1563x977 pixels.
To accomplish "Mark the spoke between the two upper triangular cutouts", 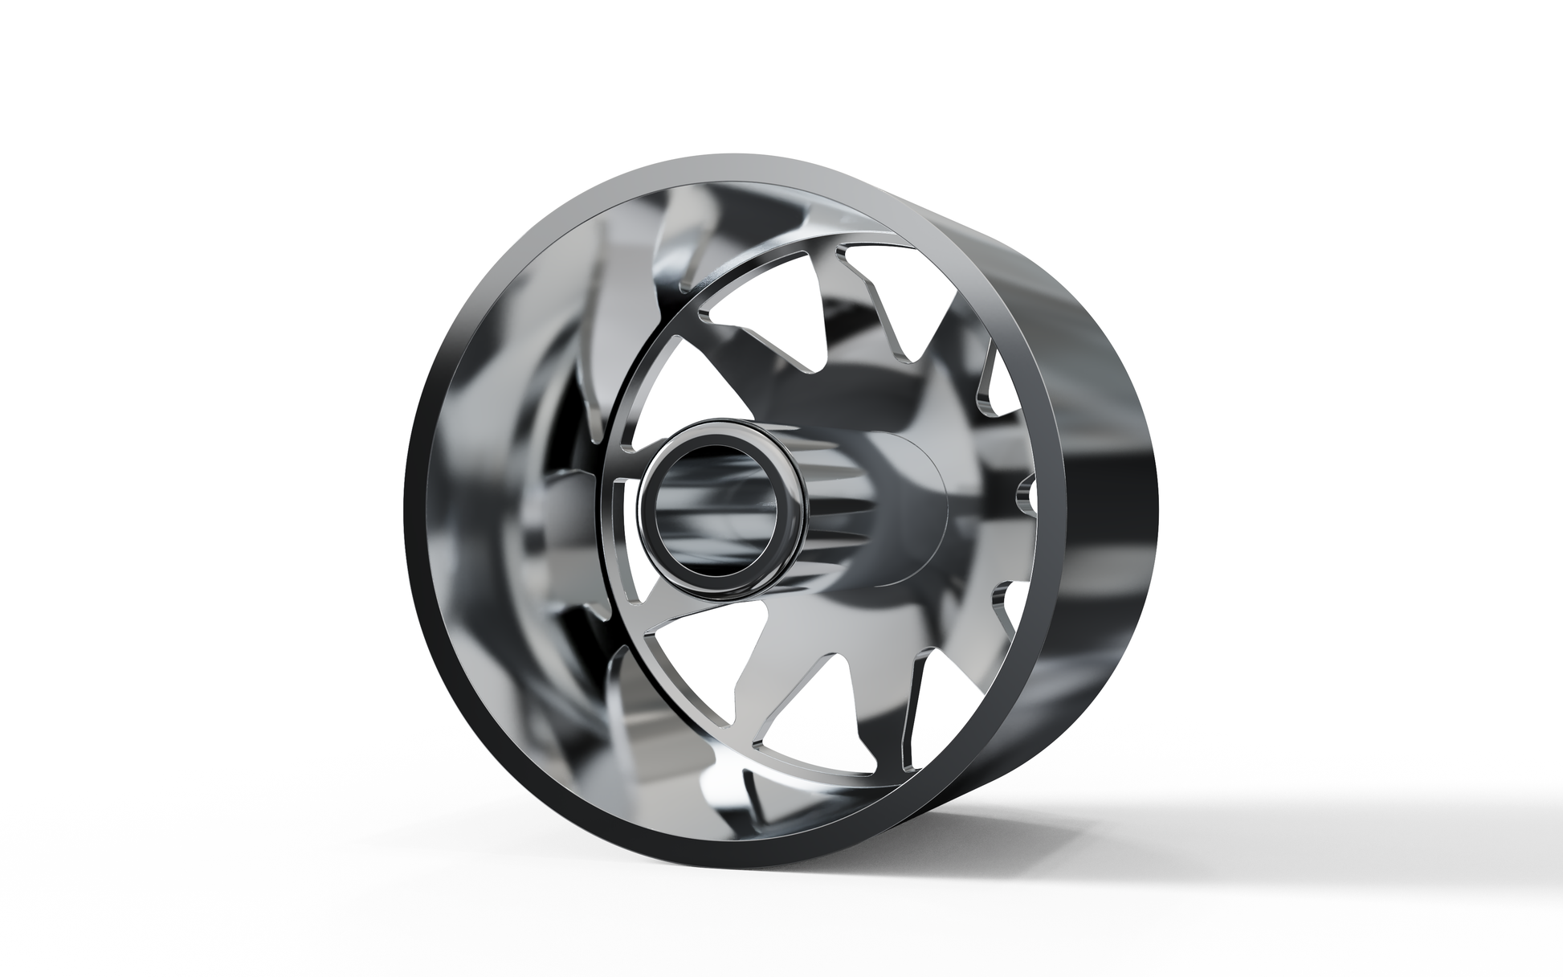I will pos(827,321).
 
